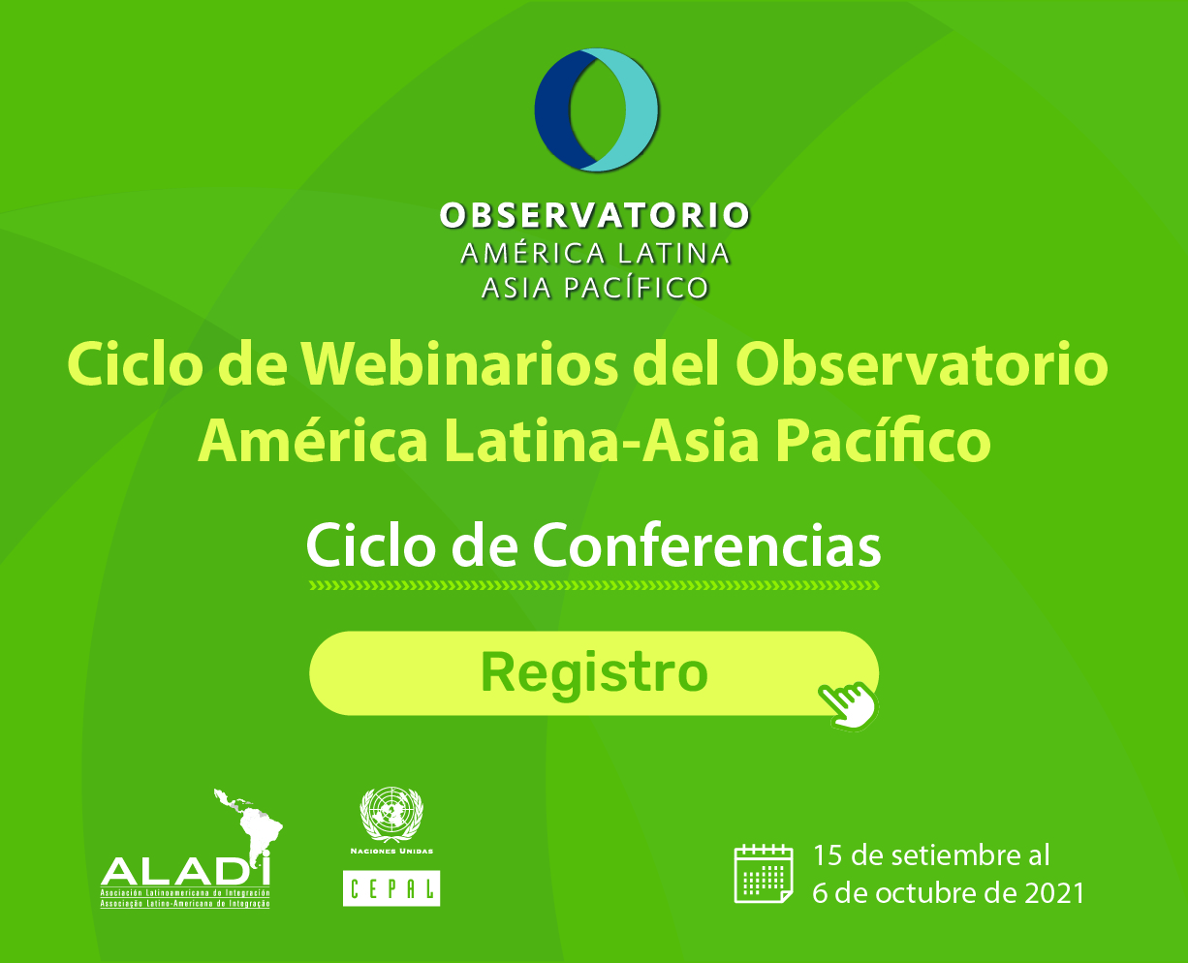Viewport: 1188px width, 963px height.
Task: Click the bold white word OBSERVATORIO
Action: click(595, 216)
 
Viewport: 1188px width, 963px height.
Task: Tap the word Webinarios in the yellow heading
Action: click(459, 365)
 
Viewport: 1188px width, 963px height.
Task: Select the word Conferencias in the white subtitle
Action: click(706, 545)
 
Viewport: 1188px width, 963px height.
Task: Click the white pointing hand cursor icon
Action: click(848, 705)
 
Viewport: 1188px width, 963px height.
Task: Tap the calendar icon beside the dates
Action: click(764, 873)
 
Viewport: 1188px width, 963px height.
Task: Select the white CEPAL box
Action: click(391, 887)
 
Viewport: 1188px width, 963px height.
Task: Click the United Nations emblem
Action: click(391, 815)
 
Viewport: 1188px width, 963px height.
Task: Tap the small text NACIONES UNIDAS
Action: click(391, 852)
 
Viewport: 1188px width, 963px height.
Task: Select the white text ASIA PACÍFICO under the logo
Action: click(595, 289)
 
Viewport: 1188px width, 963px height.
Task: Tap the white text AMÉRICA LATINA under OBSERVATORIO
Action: click(595, 253)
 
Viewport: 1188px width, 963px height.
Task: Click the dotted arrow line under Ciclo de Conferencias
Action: click(595, 585)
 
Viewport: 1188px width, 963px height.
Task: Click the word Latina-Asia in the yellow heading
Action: click(602, 443)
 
